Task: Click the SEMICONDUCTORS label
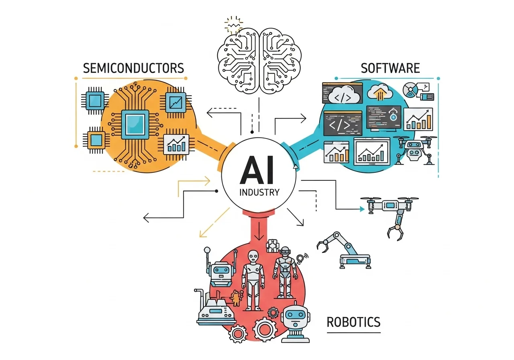click(133, 67)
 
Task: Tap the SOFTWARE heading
click(390, 67)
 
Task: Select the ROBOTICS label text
click(353, 322)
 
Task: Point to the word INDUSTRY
click(259, 192)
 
